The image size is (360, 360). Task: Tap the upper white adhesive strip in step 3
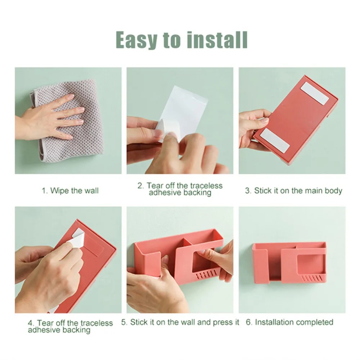[x=315, y=93]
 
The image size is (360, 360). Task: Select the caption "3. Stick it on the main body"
[x=293, y=190]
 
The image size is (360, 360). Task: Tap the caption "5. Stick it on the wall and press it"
[x=180, y=322]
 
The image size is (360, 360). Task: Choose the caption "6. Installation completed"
[x=289, y=322]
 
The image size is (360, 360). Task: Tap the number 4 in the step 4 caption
[x=30, y=323]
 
